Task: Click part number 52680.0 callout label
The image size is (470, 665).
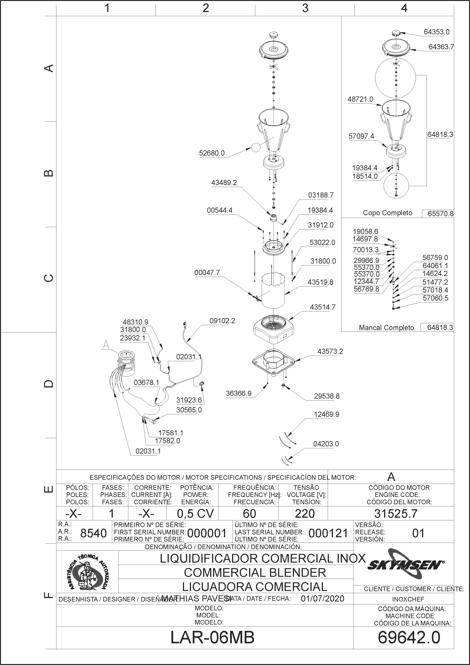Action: tap(212, 153)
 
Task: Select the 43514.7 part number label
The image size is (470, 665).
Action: tap(323, 307)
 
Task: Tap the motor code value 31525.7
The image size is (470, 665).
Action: tap(396, 513)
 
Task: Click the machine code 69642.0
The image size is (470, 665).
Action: tap(409, 638)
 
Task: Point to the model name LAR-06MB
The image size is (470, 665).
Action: tap(212, 638)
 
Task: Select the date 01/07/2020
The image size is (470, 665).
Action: tap(323, 599)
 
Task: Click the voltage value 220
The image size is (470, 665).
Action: tap(305, 513)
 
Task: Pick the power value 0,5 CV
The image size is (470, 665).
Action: tap(195, 513)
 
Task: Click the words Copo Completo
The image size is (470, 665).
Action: tap(388, 213)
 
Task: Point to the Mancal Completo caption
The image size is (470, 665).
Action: tap(386, 328)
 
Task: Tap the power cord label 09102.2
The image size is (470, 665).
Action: tap(222, 321)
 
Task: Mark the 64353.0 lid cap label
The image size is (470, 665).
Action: tap(437, 32)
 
